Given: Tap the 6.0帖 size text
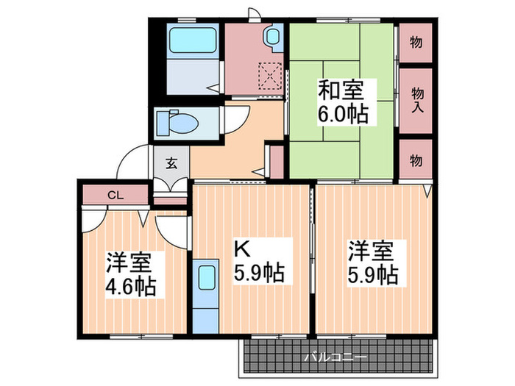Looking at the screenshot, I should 343,114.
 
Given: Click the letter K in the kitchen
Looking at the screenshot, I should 241,248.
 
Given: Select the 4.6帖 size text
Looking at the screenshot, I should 131,285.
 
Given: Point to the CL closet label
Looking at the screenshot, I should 115,196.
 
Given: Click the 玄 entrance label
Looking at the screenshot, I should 171,163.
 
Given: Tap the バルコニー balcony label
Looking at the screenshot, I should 335,357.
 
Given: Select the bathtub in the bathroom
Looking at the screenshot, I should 193,40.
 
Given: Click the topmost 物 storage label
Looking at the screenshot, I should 416,43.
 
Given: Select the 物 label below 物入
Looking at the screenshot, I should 416,160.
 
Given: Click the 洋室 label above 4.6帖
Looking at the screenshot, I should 130,260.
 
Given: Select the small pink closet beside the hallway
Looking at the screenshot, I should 277,161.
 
